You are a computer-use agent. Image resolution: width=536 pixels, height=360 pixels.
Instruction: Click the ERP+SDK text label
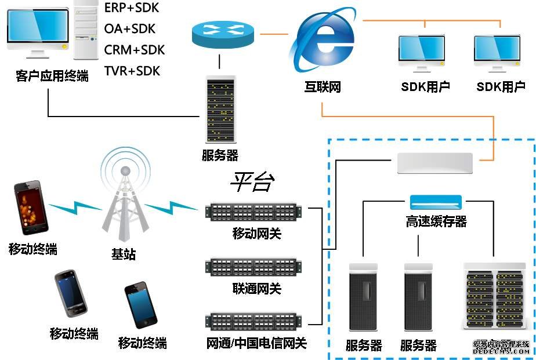coord(131,8)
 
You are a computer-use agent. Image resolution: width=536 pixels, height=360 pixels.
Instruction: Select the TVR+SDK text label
coord(132,71)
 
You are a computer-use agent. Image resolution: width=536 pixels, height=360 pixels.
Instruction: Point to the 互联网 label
coord(323,88)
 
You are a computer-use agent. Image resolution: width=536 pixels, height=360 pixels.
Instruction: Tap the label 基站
coord(124,253)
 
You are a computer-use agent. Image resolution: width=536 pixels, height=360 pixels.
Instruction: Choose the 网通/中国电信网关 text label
coord(256,343)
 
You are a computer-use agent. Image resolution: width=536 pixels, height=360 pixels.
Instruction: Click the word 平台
coord(252,183)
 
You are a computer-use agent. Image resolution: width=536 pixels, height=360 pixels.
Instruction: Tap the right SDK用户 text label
coord(501,88)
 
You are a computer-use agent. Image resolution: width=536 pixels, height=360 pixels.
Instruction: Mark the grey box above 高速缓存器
coord(435,163)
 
